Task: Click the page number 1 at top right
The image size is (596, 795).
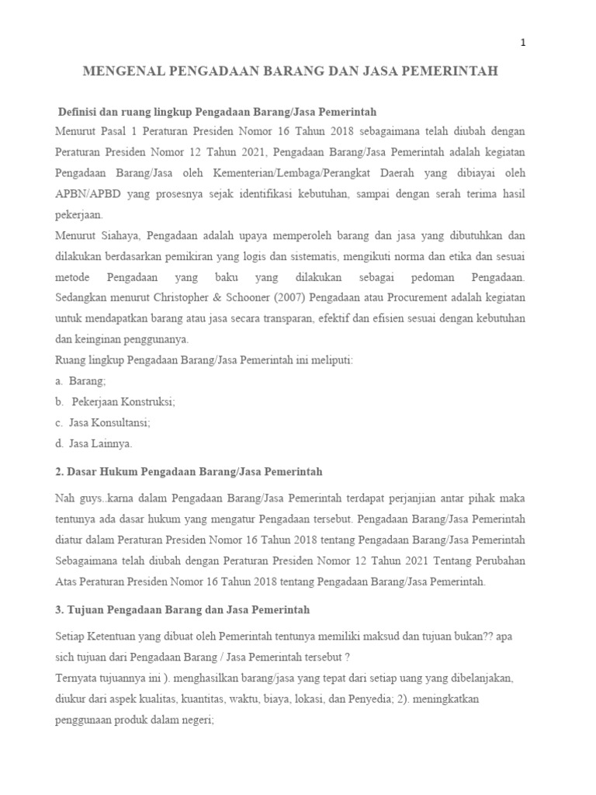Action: click(524, 43)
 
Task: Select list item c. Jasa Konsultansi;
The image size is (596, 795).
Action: click(103, 423)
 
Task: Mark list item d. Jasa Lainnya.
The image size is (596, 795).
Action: click(94, 444)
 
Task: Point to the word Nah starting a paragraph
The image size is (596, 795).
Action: click(65, 497)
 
